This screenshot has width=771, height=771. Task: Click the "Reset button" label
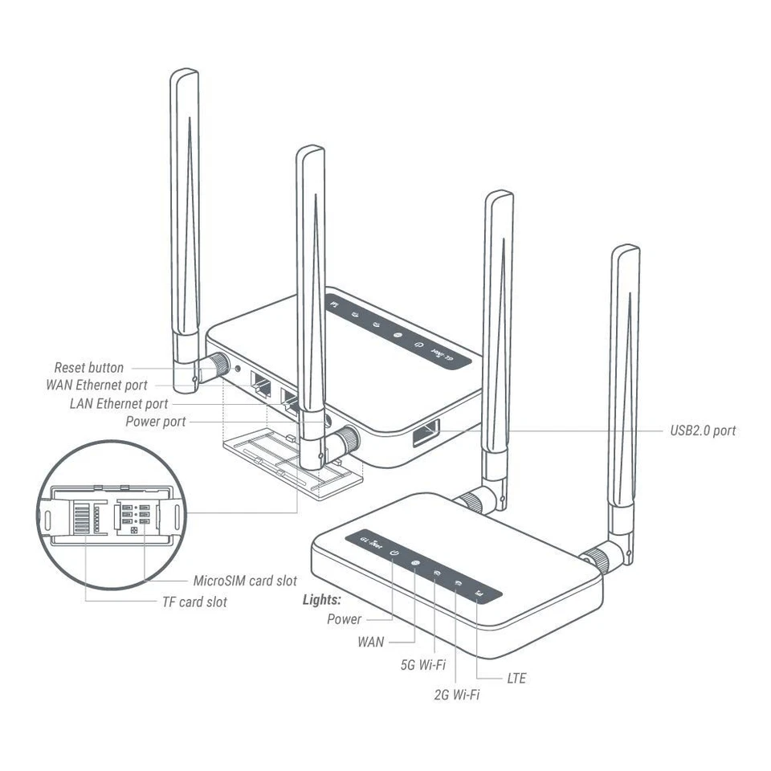(x=89, y=368)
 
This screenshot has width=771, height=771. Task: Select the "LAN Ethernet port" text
(x=119, y=403)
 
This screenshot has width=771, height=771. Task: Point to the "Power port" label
(x=156, y=422)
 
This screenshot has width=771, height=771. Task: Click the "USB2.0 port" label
(x=703, y=430)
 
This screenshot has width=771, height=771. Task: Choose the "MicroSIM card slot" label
(x=245, y=581)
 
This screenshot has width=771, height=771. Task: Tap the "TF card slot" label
(x=194, y=602)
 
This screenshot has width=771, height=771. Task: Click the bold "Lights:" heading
(x=322, y=600)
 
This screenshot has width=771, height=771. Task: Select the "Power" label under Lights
(x=344, y=619)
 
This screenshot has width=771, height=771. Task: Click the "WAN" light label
(x=371, y=642)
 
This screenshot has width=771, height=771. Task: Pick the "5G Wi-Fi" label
(x=422, y=665)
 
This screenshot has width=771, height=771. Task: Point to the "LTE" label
(x=517, y=679)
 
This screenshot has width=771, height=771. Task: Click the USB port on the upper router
(x=426, y=434)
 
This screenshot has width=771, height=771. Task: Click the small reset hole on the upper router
(x=237, y=369)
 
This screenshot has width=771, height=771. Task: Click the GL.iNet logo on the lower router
(x=370, y=541)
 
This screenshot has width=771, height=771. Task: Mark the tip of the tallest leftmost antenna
(x=184, y=73)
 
